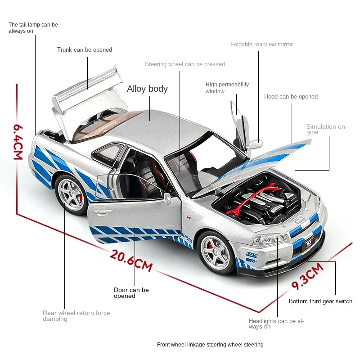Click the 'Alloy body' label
click(x=147, y=89)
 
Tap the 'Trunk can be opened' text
click(x=85, y=50)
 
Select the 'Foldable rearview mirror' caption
click(x=261, y=44)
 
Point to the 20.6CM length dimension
click(x=131, y=261)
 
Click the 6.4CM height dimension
click(x=18, y=142)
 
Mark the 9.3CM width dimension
click(x=307, y=276)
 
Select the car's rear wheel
click(x=71, y=195)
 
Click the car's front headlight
click(x=268, y=240)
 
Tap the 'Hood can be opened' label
click(x=291, y=97)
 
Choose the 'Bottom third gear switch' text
click(x=320, y=301)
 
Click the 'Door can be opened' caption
click(x=131, y=293)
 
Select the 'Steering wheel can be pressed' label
click(x=185, y=64)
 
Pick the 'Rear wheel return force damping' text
click(x=76, y=316)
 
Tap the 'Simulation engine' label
click(x=327, y=129)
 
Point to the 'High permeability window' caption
click(x=227, y=88)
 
